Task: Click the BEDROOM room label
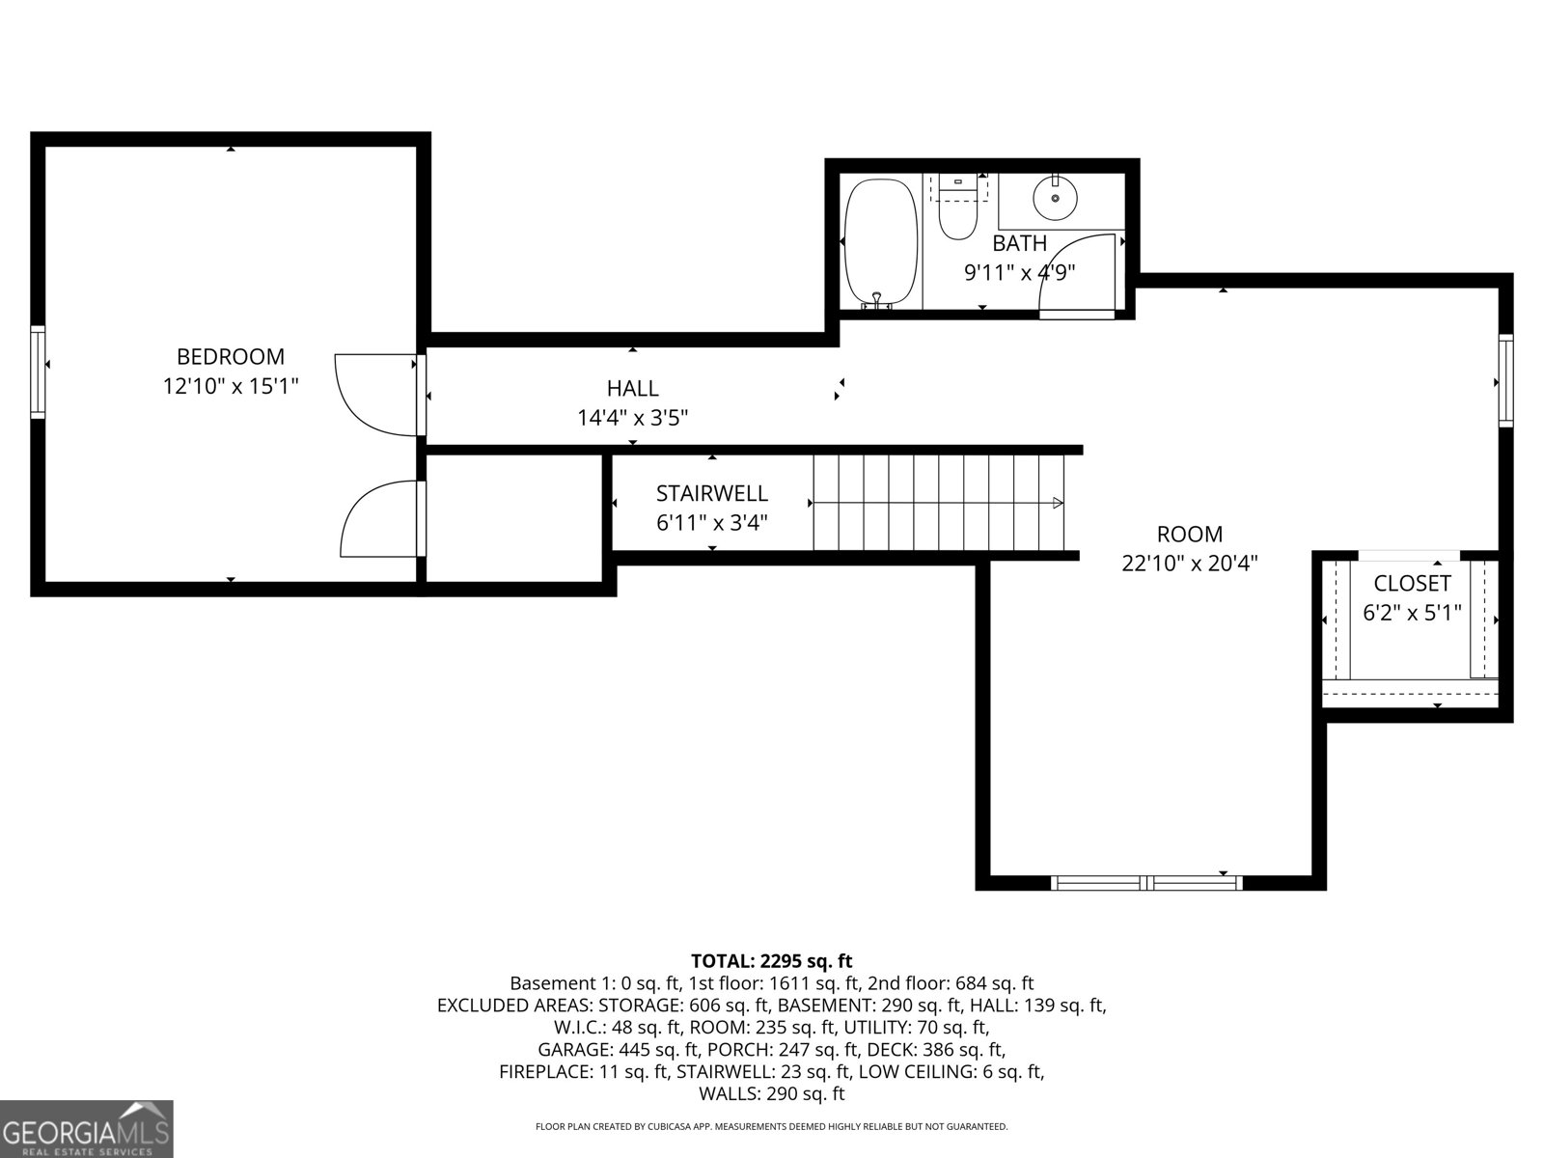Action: pyautogui.click(x=230, y=357)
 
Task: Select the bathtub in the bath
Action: pyautogui.click(x=880, y=242)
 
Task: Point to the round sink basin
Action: pyautogui.click(x=1055, y=199)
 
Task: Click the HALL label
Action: pyautogui.click(x=632, y=389)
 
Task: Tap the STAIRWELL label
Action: pyautogui.click(x=711, y=494)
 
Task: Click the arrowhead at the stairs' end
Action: pyautogui.click(x=1058, y=503)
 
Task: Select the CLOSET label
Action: pyautogui.click(x=1411, y=584)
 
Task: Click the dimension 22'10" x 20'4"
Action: pyautogui.click(x=1189, y=564)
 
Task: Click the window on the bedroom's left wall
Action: pyautogui.click(x=38, y=372)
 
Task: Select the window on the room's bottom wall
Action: pyautogui.click(x=1145, y=882)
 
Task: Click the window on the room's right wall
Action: pyautogui.click(x=1505, y=379)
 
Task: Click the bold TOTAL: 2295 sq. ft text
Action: pyautogui.click(x=771, y=961)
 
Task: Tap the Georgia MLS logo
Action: pyautogui.click(x=86, y=1129)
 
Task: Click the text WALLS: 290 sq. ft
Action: pyautogui.click(x=771, y=1093)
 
